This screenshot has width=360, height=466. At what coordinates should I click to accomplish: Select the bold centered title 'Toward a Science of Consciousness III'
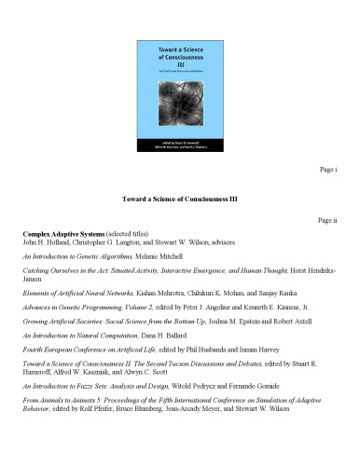click(x=180, y=198)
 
